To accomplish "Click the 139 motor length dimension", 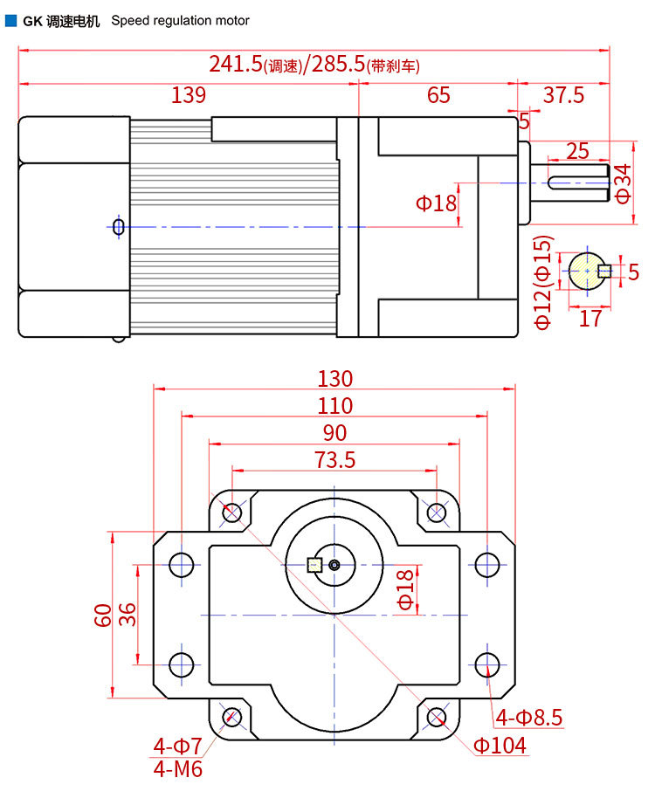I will (189, 94).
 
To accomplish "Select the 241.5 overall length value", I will (236, 64).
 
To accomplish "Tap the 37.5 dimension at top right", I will (563, 94).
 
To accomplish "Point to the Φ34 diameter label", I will (622, 182).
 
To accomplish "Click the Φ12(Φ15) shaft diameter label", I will (543, 282).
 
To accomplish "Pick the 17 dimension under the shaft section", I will (590, 318).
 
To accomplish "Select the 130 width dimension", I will (335, 378).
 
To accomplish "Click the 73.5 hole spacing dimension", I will (335, 459).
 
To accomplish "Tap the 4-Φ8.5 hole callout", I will (529, 718).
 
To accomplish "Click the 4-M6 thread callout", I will (177, 769).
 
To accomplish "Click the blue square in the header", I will (10, 20).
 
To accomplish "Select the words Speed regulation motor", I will (180, 20).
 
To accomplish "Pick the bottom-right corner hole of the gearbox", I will (438, 718).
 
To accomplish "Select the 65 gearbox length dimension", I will (438, 94).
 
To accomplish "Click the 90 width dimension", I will (334, 432).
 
